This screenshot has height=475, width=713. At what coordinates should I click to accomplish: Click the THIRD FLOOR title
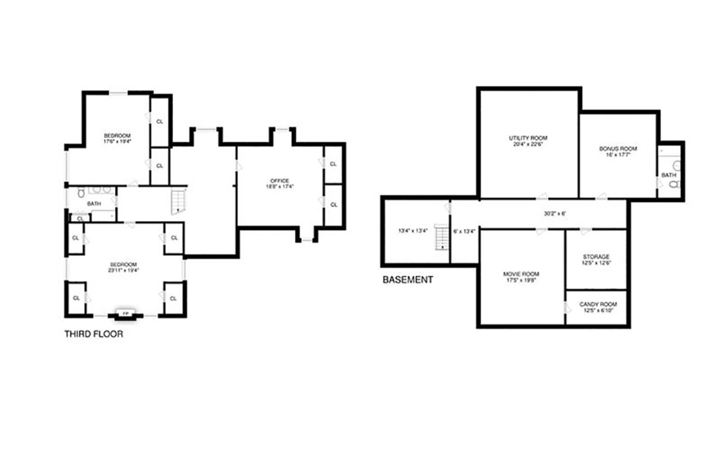click(x=94, y=334)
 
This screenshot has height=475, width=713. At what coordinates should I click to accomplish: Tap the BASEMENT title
click(x=408, y=280)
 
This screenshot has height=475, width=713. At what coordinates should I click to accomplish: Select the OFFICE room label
click(x=279, y=181)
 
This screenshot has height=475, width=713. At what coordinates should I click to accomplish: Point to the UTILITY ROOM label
click(x=528, y=138)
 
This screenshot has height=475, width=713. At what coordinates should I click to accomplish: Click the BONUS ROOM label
click(x=618, y=149)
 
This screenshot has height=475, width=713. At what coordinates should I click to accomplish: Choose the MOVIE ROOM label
click(x=521, y=274)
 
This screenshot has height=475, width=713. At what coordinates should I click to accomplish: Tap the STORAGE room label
click(x=596, y=257)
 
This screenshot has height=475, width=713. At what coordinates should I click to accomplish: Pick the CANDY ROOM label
click(x=598, y=304)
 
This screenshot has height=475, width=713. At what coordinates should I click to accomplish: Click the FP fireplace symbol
click(x=125, y=314)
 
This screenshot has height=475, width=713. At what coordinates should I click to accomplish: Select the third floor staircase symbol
click(x=179, y=202)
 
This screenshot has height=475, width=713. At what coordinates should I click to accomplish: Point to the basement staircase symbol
click(x=442, y=237)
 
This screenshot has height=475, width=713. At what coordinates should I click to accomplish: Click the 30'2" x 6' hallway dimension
click(x=555, y=214)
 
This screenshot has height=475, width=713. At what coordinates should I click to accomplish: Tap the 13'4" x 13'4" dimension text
click(x=413, y=231)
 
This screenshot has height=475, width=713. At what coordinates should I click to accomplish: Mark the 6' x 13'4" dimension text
click(x=464, y=231)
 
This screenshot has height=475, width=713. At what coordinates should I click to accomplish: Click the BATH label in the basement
click(x=669, y=175)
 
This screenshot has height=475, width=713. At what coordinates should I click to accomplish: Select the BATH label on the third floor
click(x=94, y=204)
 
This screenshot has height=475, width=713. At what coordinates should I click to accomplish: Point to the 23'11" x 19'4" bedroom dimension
click(x=123, y=270)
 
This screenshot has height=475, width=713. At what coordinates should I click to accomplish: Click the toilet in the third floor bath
click(x=81, y=193)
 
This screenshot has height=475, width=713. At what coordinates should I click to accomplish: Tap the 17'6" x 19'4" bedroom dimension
click(x=117, y=142)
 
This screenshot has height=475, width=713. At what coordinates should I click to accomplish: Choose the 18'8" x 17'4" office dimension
click(x=279, y=186)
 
